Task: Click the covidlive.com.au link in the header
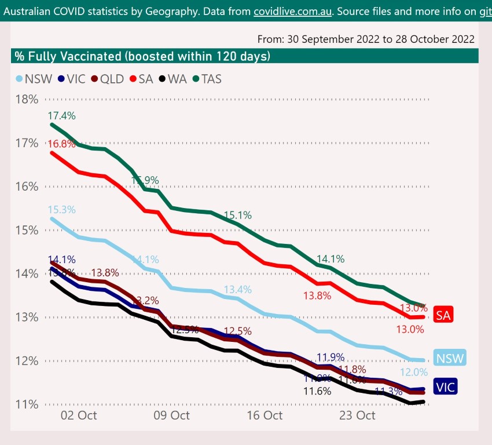(293, 11)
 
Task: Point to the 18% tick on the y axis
(27, 99)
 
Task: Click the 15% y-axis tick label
(27, 230)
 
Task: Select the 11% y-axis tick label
(27, 404)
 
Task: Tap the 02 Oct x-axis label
(78, 415)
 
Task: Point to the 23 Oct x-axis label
(357, 415)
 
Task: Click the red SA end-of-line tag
(443, 315)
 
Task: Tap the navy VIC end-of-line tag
(446, 387)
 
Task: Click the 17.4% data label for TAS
(62, 116)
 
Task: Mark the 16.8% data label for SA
(62, 144)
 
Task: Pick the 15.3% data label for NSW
(62, 210)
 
